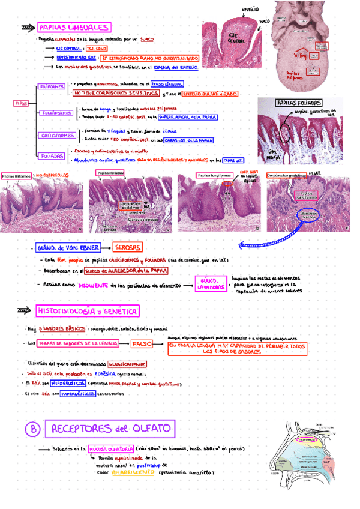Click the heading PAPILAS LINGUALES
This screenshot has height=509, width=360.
73,28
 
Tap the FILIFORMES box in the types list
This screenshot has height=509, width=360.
52,86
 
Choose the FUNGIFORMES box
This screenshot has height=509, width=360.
58,113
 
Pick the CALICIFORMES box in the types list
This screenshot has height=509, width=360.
58,136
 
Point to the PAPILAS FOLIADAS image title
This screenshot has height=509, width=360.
298,103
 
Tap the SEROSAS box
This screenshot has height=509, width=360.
128,248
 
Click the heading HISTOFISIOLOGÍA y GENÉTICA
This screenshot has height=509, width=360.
88,311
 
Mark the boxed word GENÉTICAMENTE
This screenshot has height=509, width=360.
127,364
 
